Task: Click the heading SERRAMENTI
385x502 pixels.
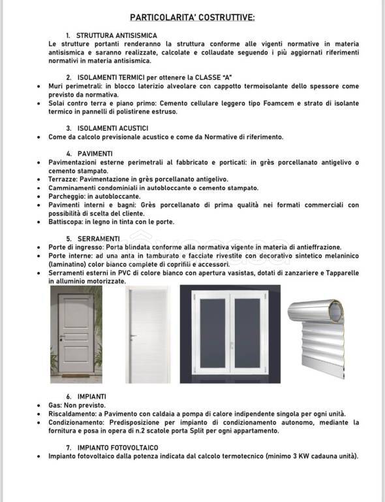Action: click(x=99, y=239)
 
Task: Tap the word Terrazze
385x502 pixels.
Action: click(x=63, y=179)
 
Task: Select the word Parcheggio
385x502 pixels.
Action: click(x=66, y=196)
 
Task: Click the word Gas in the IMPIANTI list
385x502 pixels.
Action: click(x=55, y=405)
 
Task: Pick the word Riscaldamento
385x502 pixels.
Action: click(x=72, y=414)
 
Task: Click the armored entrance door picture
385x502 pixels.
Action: click(x=76, y=333)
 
